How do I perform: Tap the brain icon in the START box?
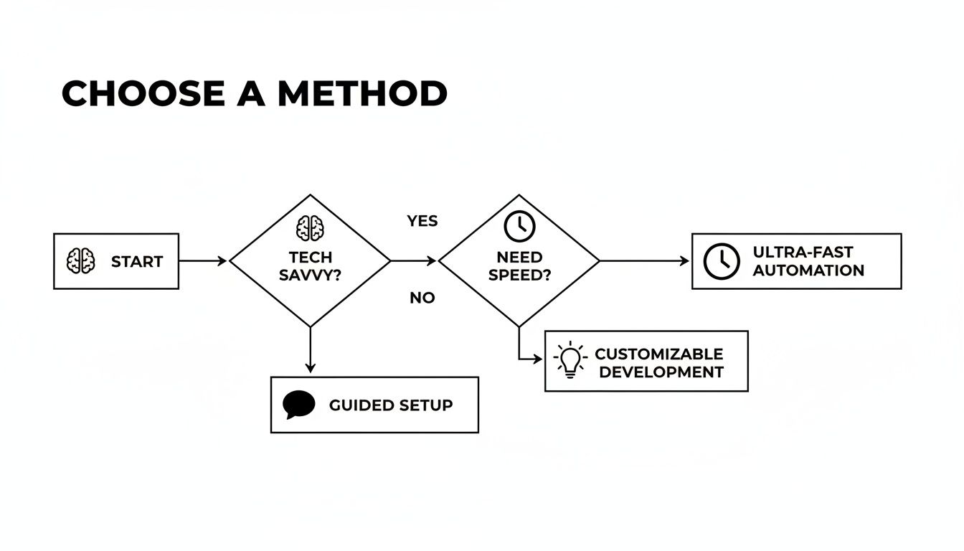[x=81, y=261]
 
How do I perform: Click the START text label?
[x=137, y=262]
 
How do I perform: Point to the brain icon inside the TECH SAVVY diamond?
[x=310, y=228]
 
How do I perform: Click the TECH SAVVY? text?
[x=310, y=266]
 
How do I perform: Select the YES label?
[x=422, y=221]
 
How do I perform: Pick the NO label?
[x=422, y=298]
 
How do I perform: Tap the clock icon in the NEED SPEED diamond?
[x=519, y=226]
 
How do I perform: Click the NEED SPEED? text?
[x=519, y=266]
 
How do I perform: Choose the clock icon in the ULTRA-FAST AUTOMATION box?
[x=721, y=261]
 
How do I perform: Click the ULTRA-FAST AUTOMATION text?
[x=808, y=261]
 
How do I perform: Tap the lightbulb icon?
[x=570, y=360]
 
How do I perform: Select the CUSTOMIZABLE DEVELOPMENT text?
[x=659, y=363]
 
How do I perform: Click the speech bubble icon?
[x=299, y=405]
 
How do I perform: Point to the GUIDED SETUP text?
[x=391, y=405]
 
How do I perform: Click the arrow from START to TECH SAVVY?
[x=203, y=261]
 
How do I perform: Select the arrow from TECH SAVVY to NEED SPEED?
[x=414, y=261]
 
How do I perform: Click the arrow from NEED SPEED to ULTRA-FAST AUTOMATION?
[x=644, y=261]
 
